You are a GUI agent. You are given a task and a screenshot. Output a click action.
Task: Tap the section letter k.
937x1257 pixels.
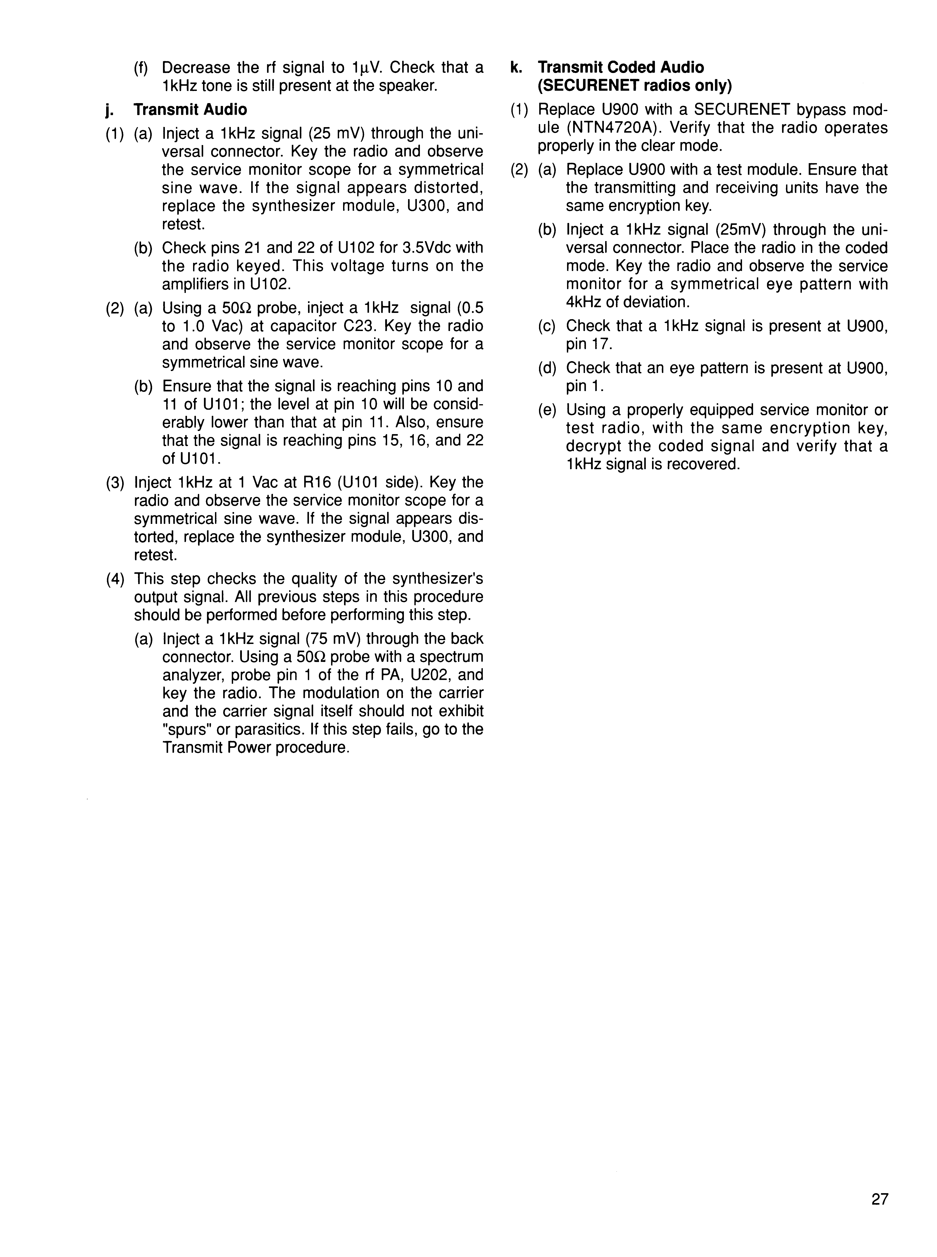tap(515, 67)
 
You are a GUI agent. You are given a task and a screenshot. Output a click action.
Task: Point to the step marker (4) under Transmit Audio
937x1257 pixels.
tap(115, 579)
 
